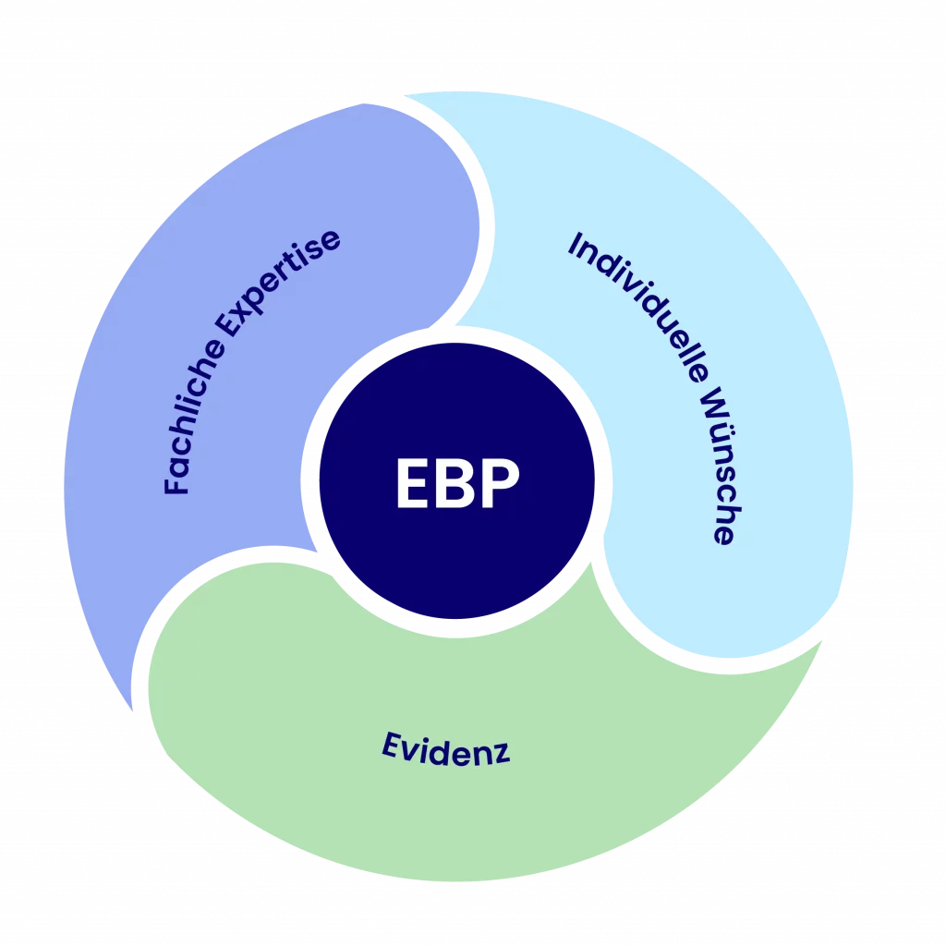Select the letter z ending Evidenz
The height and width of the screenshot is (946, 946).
[500, 756]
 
